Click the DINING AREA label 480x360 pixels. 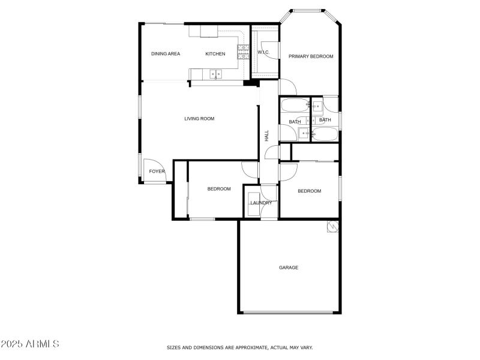(x=166, y=54)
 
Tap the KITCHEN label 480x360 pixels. (x=215, y=54)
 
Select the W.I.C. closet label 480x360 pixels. (x=263, y=53)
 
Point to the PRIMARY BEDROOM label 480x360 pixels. (x=311, y=56)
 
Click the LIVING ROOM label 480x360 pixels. (x=199, y=119)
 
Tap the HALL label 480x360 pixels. (x=266, y=136)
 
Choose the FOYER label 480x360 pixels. (x=157, y=172)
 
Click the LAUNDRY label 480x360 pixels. (x=261, y=203)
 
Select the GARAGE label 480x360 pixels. (x=289, y=268)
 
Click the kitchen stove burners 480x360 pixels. (x=244, y=52)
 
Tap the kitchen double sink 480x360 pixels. (x=215, y=74)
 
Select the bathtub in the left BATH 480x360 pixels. (x=294, y=107)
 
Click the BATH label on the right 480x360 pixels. (x=325, y=120)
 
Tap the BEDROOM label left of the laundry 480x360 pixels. (x=219, y=189)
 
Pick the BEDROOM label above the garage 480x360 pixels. (x=310, y=191)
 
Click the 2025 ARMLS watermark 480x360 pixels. (x=30, y=344)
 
